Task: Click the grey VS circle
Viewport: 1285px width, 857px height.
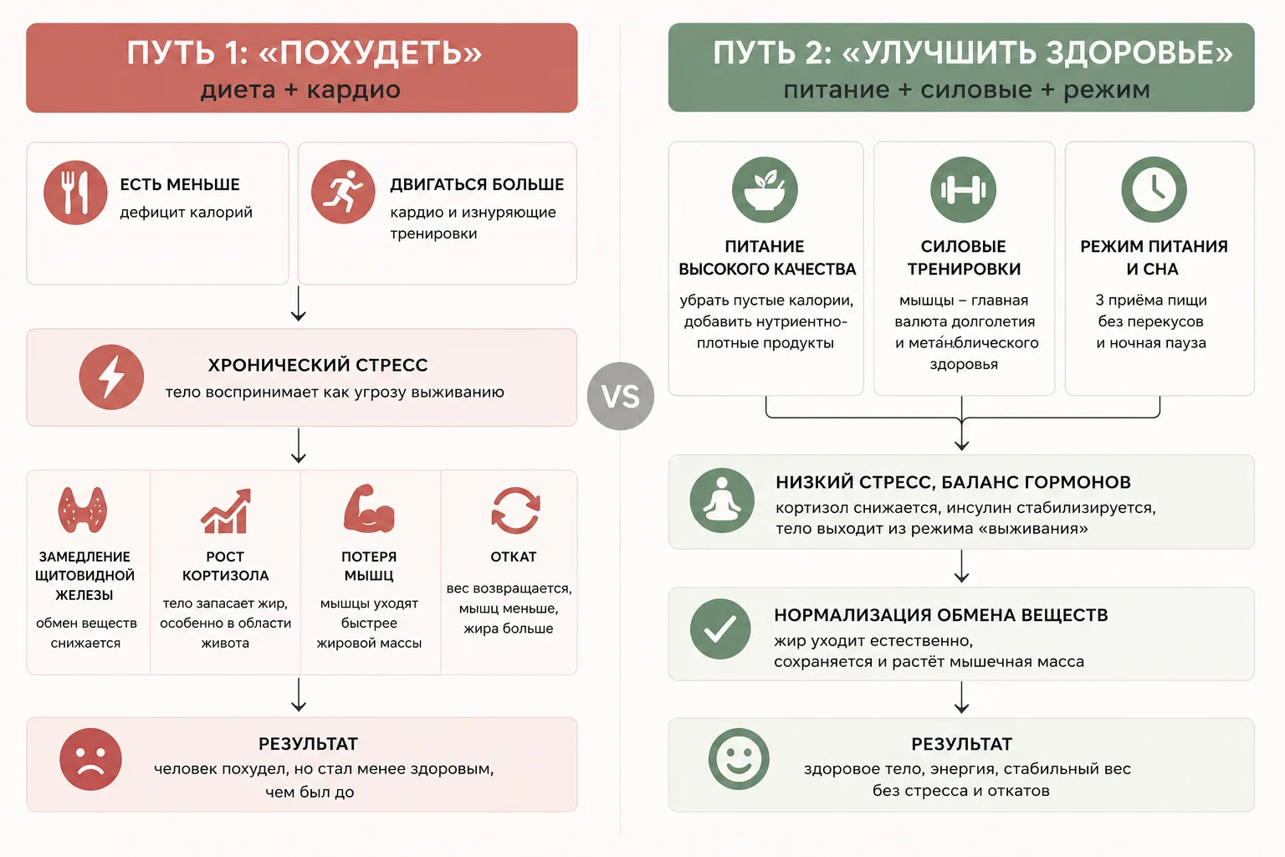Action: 620,396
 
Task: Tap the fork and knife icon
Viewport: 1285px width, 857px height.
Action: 75,192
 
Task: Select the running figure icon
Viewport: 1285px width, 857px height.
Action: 343,192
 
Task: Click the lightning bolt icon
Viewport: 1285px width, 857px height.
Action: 111,377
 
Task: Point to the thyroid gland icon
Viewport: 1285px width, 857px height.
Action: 83,510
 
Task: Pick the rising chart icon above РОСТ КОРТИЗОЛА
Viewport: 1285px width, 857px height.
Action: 225,511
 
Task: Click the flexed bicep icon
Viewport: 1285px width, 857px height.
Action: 369,509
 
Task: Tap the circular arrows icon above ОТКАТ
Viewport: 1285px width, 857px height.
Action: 515,511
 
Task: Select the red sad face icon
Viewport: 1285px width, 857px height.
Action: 90,759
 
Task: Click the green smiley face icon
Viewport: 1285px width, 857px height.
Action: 739,759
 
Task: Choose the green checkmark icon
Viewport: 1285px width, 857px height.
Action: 720,629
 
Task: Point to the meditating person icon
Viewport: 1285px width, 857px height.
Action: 722,500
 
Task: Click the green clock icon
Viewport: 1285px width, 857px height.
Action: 1154,189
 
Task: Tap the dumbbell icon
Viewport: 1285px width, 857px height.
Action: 963,189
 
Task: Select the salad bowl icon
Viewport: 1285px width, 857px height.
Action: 765,189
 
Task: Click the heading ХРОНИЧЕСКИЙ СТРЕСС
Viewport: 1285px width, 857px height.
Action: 318,365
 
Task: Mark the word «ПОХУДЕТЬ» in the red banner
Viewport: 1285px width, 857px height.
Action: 371,53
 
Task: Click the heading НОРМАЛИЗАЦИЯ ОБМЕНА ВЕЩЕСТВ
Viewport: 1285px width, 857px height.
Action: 941,615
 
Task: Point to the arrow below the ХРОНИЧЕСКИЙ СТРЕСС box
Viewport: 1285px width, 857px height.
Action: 299,445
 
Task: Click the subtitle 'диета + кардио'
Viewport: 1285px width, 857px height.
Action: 300,90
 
